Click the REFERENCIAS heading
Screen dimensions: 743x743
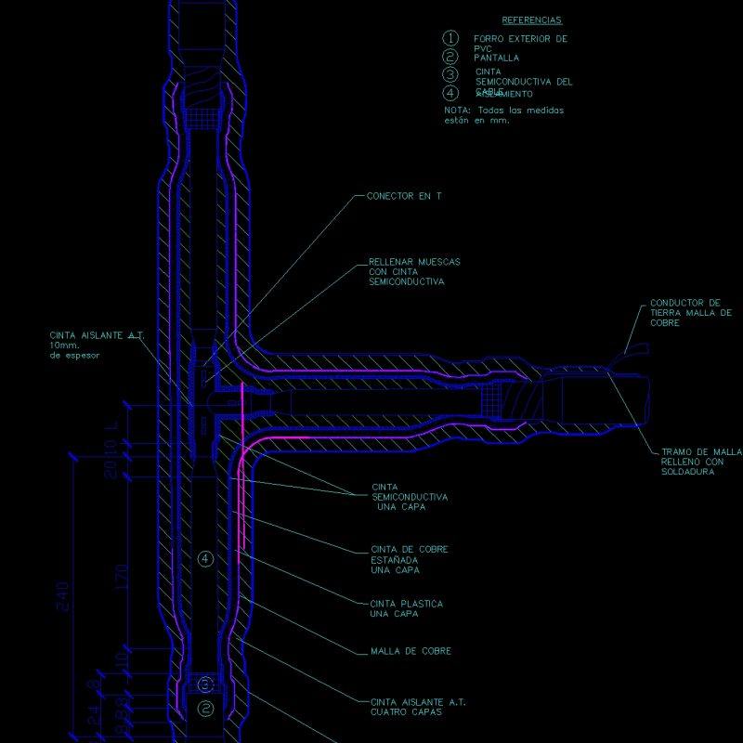click(531, 20)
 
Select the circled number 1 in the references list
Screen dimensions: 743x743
click(450, 38)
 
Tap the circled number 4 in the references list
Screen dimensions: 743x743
click(450, 92)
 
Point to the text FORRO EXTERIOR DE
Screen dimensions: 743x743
click(520, 39)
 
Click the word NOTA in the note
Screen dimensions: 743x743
click(457, 111)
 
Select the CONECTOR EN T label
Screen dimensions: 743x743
click(404, 197)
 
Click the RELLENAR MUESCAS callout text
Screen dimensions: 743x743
click(413, 262)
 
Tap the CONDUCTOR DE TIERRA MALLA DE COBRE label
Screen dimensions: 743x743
click(690, 312)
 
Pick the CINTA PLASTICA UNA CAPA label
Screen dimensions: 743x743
click(406, 608)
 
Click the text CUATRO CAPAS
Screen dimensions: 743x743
click(405, 712)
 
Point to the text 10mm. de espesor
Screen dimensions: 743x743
click(74, 350)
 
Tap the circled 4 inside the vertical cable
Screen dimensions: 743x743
click(206, 558)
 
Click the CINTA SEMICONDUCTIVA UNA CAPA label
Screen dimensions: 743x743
click(409, 497)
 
